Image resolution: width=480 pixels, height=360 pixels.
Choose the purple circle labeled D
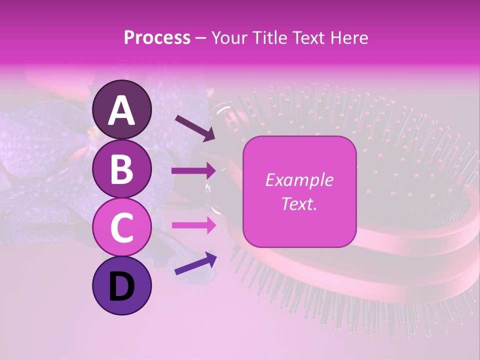pos(122,285)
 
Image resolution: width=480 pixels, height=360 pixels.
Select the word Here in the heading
pos(349,37)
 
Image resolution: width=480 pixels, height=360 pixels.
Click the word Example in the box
pos(299,180)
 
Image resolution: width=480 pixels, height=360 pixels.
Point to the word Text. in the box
pos(299,204)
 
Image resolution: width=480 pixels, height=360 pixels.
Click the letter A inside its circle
pos(122,110)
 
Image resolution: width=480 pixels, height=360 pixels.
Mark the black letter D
pos(122,286)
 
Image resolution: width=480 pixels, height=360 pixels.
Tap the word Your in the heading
pos(229,37)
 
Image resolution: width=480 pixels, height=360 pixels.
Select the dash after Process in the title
pos(201,38)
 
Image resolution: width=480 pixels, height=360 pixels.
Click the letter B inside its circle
pos(122,169)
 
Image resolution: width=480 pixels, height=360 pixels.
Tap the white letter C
pos(122,228)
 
